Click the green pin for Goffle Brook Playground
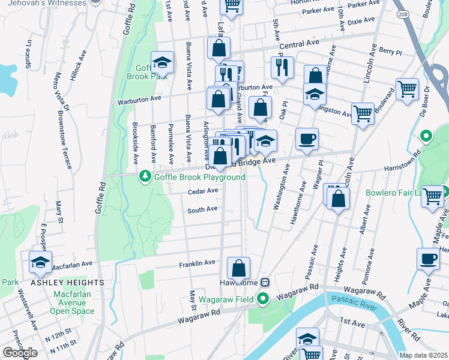(145, 176)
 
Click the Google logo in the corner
(20, 353)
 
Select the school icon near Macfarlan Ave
(40, 262)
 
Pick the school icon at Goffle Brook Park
(161, 62)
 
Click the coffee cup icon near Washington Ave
(307, 139)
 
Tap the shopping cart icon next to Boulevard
(407, 89)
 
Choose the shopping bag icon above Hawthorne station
(238, 268)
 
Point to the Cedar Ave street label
(202, 191)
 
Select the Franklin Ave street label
(197, 263)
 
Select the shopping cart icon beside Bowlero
(432, 196)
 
